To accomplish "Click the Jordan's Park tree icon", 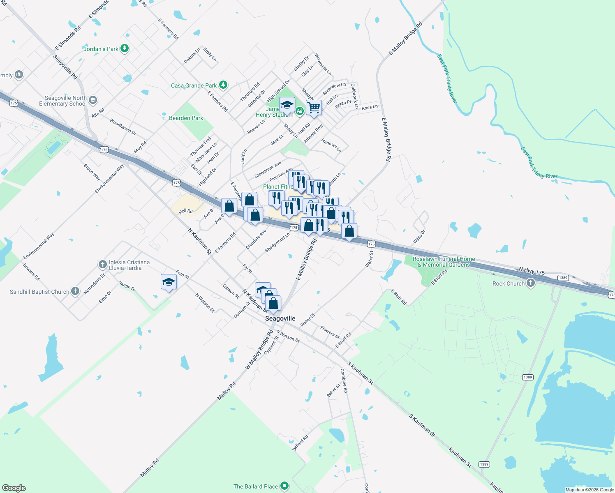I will click(x=124, y=48).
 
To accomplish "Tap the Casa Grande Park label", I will click(x=194, y=85).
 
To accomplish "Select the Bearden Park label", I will click(x=186, y=118).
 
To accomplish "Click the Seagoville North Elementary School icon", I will click(x=93, y=100).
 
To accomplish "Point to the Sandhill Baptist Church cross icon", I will click(x=75, y=291).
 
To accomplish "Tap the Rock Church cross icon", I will click(x=531, y=283).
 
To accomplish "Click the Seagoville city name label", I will click(x=280, y=318).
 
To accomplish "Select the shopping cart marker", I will click(x=314, y=108).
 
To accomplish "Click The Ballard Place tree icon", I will click(x=284, y=486).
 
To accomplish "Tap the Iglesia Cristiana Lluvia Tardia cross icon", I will click(x=103, y=264).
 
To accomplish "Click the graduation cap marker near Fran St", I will click(x=169, y=282).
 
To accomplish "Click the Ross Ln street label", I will click(x=370, y=107).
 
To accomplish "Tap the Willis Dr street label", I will click(x=419, y=237).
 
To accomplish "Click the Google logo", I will click(x=14, y=488).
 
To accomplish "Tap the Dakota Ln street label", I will click(x=192, y=55).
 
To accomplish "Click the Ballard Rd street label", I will click(x=300, y=443).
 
